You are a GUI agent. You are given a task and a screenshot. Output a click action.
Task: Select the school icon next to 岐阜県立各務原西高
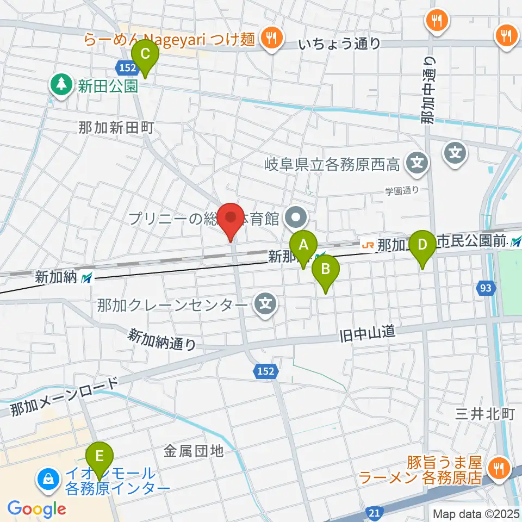(417, 162)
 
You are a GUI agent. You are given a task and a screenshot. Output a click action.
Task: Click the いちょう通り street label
(339, 44)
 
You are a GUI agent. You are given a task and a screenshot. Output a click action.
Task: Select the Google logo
(36, 509)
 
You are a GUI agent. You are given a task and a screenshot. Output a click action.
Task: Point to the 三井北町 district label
(486, 414)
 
